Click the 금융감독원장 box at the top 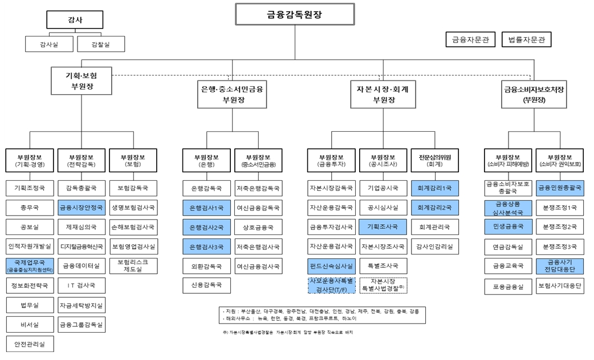295,14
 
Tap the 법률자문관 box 527,39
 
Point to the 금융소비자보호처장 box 534,94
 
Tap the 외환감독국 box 206,265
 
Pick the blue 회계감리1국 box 434,187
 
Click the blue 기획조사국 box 383,226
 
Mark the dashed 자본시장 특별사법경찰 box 383,285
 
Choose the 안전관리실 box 30,344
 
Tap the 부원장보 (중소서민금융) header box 258,162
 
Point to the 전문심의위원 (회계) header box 434,162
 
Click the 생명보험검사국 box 132,207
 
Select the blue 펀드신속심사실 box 331,265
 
